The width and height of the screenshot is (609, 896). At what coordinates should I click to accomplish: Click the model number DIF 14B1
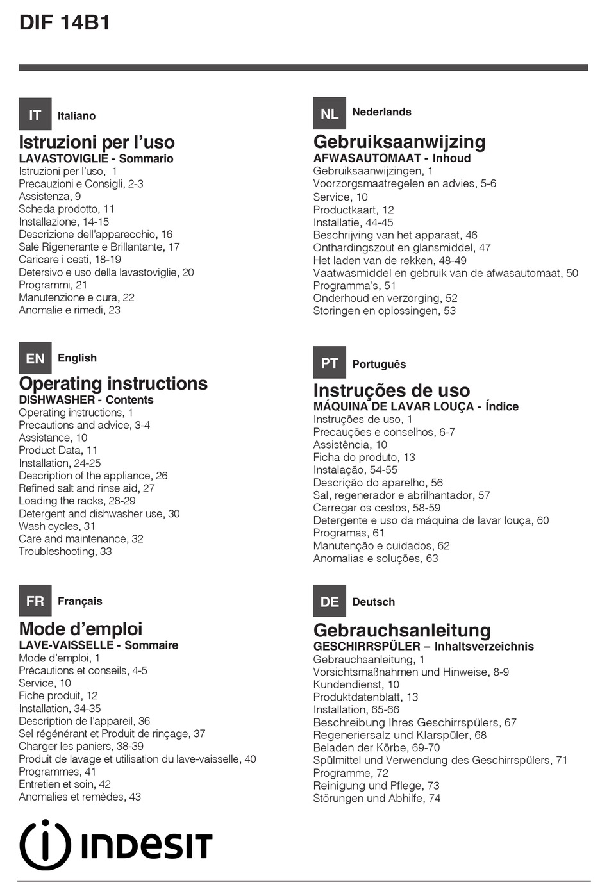click(65, 23)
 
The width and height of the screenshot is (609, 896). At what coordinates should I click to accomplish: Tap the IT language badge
click(35, 115)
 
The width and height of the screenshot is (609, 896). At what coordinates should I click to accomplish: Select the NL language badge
click(330, 113)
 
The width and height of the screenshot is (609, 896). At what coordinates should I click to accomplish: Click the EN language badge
click(35, 358)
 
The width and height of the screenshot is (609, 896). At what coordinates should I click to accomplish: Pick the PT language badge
click(330, 363)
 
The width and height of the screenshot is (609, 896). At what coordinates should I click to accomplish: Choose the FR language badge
click(35, 601)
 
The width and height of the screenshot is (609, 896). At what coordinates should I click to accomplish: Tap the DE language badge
click(330, 601)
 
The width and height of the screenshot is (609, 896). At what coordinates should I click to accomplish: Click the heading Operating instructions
click(113, 383)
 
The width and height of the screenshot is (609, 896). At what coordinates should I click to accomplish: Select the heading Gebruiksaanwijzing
click(399, 142)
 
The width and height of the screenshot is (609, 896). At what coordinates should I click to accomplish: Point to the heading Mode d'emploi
click(81, 629)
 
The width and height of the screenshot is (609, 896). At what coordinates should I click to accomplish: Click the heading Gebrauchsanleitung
click(402, 630)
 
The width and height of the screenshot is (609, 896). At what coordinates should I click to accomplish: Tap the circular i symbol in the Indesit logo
click(45, 845)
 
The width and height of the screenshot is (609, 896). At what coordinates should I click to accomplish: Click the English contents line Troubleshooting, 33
click(65, 551)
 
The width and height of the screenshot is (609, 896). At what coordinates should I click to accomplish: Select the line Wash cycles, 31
click(57, 526)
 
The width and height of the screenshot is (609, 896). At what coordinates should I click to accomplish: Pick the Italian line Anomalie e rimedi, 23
click(69, 310)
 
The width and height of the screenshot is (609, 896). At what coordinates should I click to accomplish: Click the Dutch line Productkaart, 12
click(353, 210)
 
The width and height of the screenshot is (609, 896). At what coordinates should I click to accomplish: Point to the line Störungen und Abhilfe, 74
click(376, 798)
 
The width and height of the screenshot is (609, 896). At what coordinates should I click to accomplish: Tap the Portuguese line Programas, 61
click(349, 533)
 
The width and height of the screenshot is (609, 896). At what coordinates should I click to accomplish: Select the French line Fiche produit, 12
click(58, 695)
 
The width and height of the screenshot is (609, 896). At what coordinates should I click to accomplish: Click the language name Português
click(379, 364)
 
